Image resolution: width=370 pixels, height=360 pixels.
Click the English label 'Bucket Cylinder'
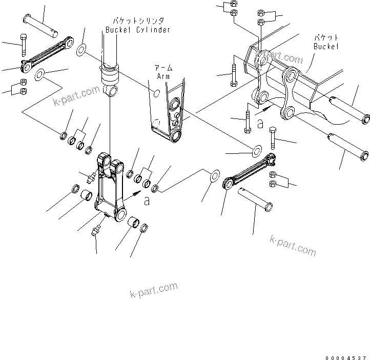[138, 30]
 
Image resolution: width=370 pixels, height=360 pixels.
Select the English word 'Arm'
[163, 76]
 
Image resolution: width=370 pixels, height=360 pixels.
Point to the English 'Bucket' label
[326, 46]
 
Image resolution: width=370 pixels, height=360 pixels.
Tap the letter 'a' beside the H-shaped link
[147, 201]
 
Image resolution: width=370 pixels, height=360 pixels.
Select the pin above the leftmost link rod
[45, 26]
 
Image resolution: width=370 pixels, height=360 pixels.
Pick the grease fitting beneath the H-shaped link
[96, 232]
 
